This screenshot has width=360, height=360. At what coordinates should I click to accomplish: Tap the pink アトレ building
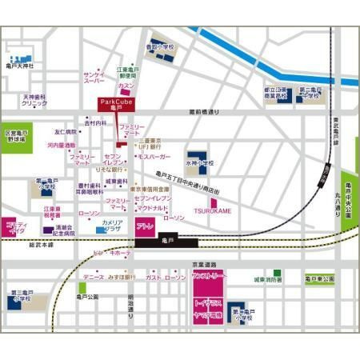pyautogui.click(x=146, y=227)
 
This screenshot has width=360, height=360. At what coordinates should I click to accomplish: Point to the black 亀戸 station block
pyautogui.click(x=166, y=240)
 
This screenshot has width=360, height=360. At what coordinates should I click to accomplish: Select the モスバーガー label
pyautogui.click(x=150, y=158)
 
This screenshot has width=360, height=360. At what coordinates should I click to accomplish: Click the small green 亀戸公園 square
pyautogui.click(x=82, y=287)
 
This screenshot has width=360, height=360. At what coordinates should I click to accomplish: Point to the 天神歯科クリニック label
pyautogui.click(x=34, y=100)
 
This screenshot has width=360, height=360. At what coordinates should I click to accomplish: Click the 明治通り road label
pyautogui.click(x=131, y=307)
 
